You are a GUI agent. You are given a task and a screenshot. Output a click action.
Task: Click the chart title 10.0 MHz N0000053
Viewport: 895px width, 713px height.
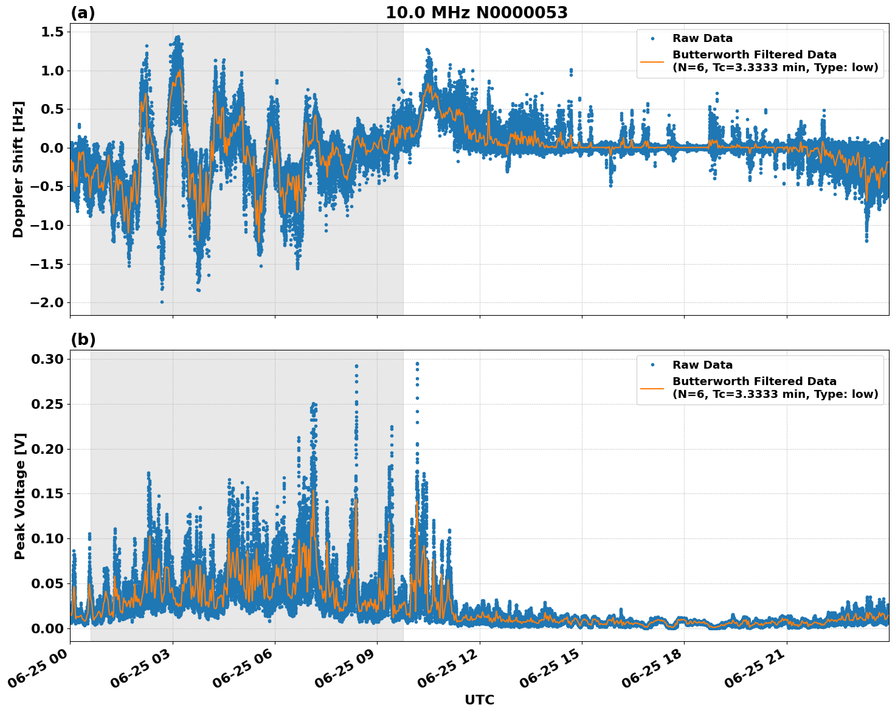[x=476, y=13]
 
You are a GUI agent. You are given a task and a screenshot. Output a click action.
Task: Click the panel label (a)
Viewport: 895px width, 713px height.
[x=83, y=13]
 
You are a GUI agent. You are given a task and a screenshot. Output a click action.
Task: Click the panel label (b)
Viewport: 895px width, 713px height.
[x=83, y=339]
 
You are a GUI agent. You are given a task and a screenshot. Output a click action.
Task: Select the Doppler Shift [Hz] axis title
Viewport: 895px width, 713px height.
[x=18, y=169]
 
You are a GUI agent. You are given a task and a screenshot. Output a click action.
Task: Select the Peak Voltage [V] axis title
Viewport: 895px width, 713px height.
[x=20, y=496]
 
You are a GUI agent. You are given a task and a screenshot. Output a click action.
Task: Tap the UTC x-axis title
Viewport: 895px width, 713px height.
[x=479, y=700]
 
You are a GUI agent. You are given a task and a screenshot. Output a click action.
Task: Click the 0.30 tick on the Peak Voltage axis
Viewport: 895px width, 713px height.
[x=47, y=359]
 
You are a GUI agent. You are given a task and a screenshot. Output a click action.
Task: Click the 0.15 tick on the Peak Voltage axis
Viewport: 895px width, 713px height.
[x=47, y=493]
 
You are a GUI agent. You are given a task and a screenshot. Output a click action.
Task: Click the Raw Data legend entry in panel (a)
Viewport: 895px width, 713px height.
[x=702, y=38]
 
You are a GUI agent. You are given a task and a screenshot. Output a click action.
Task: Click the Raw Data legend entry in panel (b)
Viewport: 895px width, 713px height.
[x=702, y=365]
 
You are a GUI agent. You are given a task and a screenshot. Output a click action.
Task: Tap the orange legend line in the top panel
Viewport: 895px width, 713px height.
[x=652, y=61]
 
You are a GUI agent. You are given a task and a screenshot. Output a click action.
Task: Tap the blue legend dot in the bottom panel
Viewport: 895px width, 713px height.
[x=652, y=365]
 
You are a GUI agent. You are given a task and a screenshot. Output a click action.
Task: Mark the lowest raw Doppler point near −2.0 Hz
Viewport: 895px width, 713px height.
[x=162, y=302]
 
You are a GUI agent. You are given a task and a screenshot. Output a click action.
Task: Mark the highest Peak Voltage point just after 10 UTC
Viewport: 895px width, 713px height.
[x=417, y=363]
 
